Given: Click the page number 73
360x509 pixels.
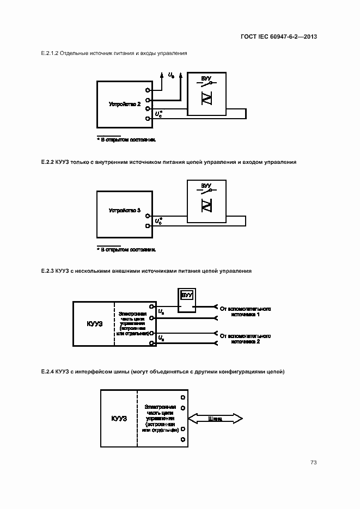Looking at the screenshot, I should tap(314, 462).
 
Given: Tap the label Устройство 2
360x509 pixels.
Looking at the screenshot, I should tap(125, 103).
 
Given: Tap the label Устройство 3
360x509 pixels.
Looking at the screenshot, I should tap(125, 210).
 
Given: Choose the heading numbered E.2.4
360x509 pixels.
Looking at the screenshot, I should tap(162, 371).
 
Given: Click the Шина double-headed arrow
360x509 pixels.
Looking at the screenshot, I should tap(215, 419).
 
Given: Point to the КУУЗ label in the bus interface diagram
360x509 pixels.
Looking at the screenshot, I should tap(119, 419).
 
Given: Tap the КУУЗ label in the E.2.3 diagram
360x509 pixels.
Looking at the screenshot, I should tap(94, 323).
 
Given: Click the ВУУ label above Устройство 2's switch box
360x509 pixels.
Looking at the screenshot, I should tap(206, 79).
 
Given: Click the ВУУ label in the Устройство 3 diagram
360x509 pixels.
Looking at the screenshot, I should tap(206, 186).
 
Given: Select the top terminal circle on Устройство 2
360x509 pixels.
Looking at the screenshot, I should tap(148, 91).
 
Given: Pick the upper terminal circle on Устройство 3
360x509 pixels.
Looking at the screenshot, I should tap(148, 216).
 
